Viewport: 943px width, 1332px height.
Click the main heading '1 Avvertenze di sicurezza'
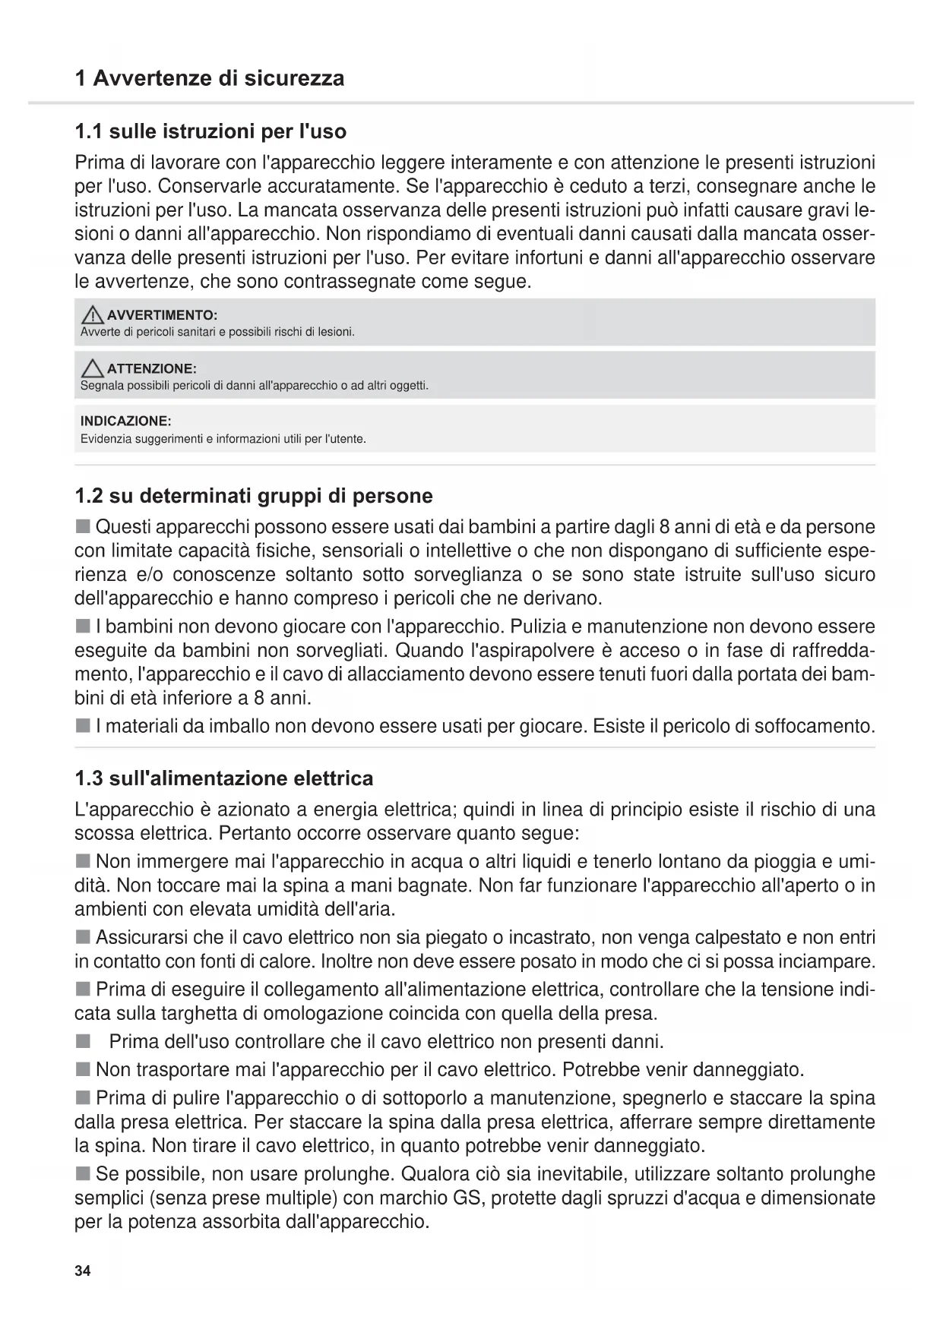(x=209, y=78)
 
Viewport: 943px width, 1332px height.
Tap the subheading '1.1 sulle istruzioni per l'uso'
(x=210, y=132)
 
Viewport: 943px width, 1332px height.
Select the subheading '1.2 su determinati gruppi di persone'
(x=254, y=497)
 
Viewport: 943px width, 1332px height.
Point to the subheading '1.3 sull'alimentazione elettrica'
(x=224, y=779)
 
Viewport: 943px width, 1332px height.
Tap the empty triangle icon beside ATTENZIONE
(x=93, y=369)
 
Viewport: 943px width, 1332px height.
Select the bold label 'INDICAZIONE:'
(x=125, y=421)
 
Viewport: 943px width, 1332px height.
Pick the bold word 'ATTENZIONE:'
(x=152, y=369)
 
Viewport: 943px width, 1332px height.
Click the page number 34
(x=83, y=1272)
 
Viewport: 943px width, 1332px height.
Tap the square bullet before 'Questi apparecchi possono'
(x=83, y=527)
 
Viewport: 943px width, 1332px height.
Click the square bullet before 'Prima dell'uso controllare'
(x=83, y=1041)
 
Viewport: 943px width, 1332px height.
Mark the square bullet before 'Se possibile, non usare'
(x=83, y=1175)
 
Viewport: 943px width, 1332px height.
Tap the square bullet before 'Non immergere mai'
(x=83, y=862)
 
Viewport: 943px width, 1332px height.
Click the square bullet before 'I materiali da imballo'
(x=83, y=727)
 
